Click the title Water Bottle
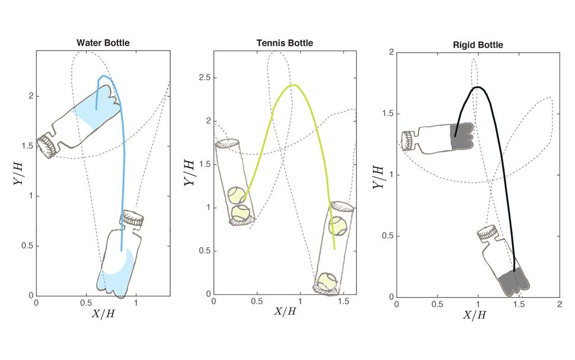103,43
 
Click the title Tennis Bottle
285,43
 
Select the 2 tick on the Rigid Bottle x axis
559,304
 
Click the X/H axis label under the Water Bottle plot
102,314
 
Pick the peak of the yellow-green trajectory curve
293,85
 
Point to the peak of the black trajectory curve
478,87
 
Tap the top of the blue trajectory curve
104,76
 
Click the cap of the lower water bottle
133,218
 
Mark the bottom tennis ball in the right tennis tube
325,281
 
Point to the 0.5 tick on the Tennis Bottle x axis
257,302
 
